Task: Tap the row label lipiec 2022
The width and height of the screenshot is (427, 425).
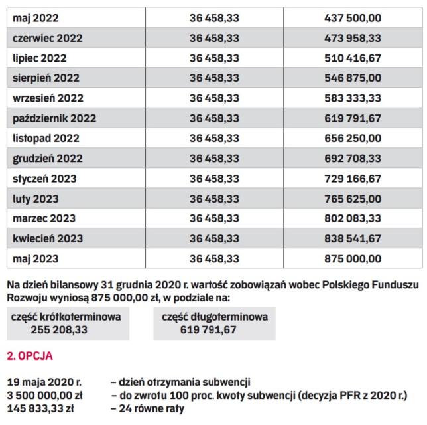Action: click(40, 58)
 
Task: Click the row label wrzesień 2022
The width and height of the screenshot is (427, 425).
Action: click(48, 98)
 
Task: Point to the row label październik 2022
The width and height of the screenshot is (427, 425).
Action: click(54, 118)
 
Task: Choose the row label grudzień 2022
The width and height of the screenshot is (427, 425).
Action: click(47, 158)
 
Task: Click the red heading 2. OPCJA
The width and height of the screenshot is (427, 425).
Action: click(29, 357)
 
